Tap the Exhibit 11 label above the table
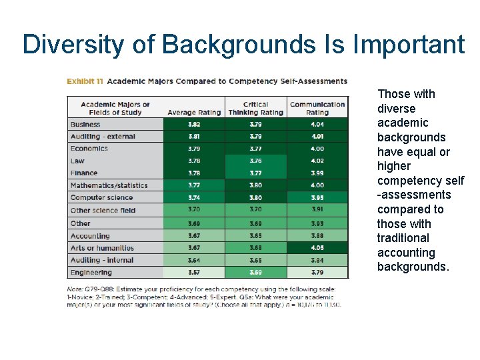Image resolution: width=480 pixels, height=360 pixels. pyautogui.click(x=85, y=81)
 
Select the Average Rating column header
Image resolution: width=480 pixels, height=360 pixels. pyautogui.click(x=193, y=112)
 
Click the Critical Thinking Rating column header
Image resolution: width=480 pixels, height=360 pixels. pyautogui.click(x=255, y=108)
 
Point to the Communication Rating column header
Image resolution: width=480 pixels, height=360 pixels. pyautogui.click(x=317, y=108)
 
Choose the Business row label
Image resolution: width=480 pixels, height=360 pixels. pyautogui.click(x=85, y=124)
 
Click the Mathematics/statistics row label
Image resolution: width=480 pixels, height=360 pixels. pyautogui.click(x=109, y=185)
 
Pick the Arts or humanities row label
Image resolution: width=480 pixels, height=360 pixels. pyautogui.click(x=102, y=248)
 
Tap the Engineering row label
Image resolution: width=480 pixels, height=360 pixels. pyautogui.click(x=91, y=273)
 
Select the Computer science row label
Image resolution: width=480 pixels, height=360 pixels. pyautogui.click(x=101, y=198)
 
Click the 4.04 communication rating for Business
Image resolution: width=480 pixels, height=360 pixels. pyautogui.click(x=317, y=124)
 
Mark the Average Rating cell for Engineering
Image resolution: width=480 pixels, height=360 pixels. pyautogui.click(x=193, y=273)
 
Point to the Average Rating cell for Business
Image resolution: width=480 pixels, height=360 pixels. pyautogui.click(x=193, y=124)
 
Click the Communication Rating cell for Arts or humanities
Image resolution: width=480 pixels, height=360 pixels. pyautogui.click(x=317, y=248)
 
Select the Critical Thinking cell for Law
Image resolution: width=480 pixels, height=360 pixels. pyautogui.click(x=255, y=161)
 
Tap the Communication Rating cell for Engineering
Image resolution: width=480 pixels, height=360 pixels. pyautogui.click(x=317, y=273)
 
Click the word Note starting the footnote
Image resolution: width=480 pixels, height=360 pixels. pyautogui.click(x=75, y=289)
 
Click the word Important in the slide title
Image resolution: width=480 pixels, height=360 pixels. pyautogui.click(x=409, y=45)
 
